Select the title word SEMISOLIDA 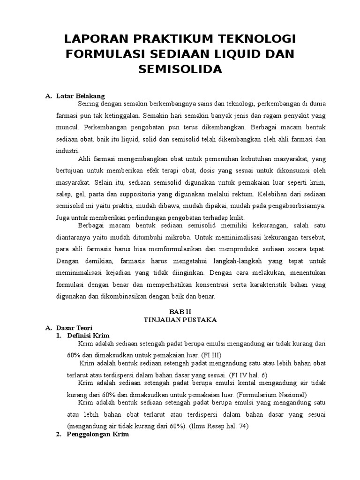pyautogui.click(x=180, y=69)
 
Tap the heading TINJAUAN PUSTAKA pyautogui.click(x=180, y=320)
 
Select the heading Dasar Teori pyautogui.click(x=75, y=328)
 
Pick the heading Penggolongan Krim pyautogui.click(x=98, y=435)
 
